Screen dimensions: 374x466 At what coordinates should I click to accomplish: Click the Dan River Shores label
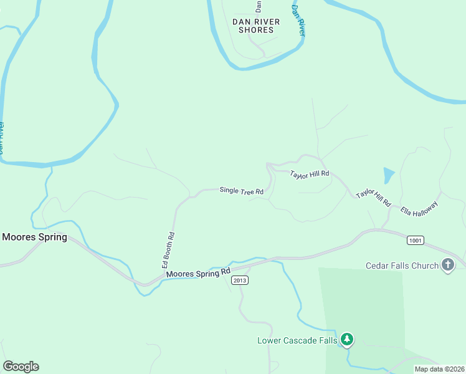coord(255,26)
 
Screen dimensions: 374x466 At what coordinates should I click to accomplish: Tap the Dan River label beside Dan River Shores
coord(298,21)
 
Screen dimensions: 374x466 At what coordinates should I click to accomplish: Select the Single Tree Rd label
coord(242,191)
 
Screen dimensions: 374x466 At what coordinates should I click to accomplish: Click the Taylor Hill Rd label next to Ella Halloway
coord(373,198)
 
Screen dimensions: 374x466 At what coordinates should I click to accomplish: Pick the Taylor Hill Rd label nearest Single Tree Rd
coord(310,175)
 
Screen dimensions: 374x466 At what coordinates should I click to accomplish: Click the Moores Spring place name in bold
coord(34,237)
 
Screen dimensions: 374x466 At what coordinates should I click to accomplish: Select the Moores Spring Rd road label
coord(198,273)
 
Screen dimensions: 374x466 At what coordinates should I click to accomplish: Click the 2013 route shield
coord(240,280)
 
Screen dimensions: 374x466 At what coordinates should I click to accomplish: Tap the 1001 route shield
coord(416,240)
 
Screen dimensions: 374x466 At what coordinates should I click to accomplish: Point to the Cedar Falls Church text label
coord(402,266)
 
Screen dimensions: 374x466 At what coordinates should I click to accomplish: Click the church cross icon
coord(447,266)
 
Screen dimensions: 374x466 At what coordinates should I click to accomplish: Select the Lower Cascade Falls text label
coord(297,340)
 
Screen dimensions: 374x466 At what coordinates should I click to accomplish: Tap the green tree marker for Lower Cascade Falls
coord(347,340)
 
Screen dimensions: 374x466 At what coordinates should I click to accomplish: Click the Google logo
coord(21,367)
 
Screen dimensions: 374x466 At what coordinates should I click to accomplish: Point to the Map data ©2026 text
coord(439,369)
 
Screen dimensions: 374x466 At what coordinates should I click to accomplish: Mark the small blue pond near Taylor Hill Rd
coord(389,175)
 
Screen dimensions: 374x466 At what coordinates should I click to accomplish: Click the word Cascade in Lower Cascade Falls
coord(301,340)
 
